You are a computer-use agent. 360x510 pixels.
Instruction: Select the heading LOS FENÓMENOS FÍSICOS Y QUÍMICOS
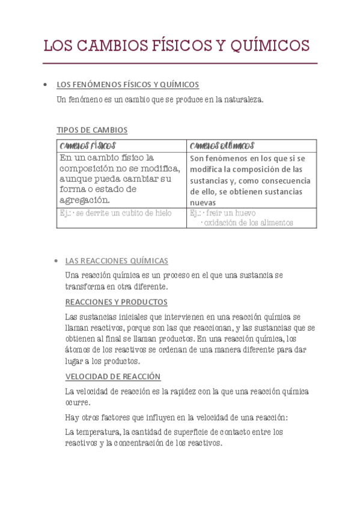pos(127,85)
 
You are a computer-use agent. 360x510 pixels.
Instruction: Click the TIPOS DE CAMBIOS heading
pos(92,130)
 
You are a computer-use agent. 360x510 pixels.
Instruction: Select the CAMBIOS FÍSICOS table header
pos(88,146)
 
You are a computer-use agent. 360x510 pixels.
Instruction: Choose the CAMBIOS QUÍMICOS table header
pos(222,146)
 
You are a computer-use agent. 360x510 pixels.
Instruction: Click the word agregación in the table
pos(85,200)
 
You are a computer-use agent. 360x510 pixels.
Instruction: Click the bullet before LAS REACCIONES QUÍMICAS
pos(55,261)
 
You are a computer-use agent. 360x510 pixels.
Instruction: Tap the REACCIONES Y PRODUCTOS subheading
pos(116,302)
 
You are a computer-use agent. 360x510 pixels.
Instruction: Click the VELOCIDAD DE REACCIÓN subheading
pos(113,376)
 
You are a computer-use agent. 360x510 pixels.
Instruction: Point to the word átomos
pos(79,351)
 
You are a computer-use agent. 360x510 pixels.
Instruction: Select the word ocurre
pos(78,402)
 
